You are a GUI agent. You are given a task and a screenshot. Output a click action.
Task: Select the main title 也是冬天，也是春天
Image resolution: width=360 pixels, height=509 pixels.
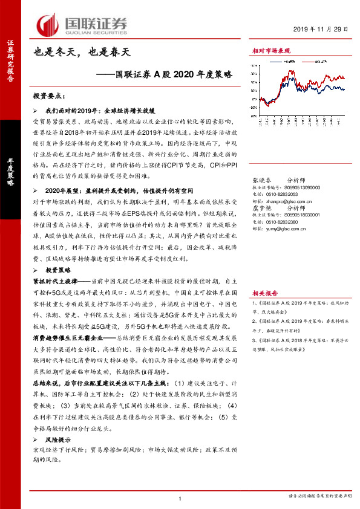82,53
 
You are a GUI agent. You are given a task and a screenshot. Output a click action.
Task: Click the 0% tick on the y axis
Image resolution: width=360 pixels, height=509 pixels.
260,99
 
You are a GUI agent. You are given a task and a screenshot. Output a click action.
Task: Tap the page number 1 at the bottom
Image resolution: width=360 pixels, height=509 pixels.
180,498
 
